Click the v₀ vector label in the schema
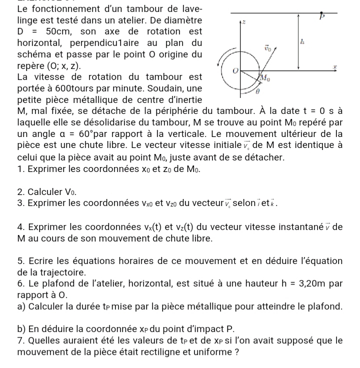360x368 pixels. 269,49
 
